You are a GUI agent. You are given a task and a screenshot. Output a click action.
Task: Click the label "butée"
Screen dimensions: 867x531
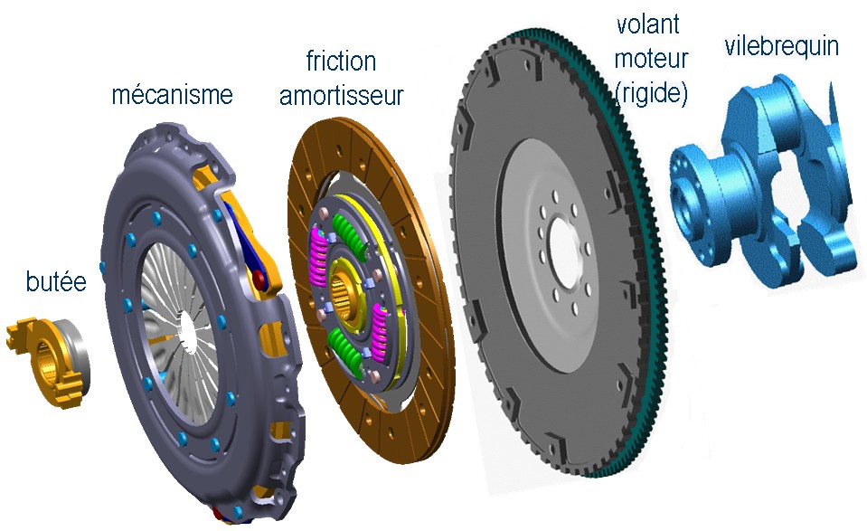56,281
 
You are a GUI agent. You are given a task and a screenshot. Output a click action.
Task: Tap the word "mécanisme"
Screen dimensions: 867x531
172,94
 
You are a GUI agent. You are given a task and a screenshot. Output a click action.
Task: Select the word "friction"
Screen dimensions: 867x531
341,61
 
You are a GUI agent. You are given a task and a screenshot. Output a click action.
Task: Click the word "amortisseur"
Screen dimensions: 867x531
341,95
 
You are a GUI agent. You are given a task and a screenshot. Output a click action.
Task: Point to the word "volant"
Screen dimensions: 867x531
647,24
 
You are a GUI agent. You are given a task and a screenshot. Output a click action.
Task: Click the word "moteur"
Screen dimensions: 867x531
651,58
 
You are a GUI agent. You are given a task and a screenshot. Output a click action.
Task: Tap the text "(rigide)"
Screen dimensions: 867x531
651,93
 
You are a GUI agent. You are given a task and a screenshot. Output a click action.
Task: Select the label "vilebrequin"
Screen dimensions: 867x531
781,46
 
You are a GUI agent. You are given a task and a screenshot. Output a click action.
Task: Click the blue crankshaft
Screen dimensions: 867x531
763,183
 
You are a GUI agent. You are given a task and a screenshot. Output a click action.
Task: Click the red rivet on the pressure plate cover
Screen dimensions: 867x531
259,277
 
